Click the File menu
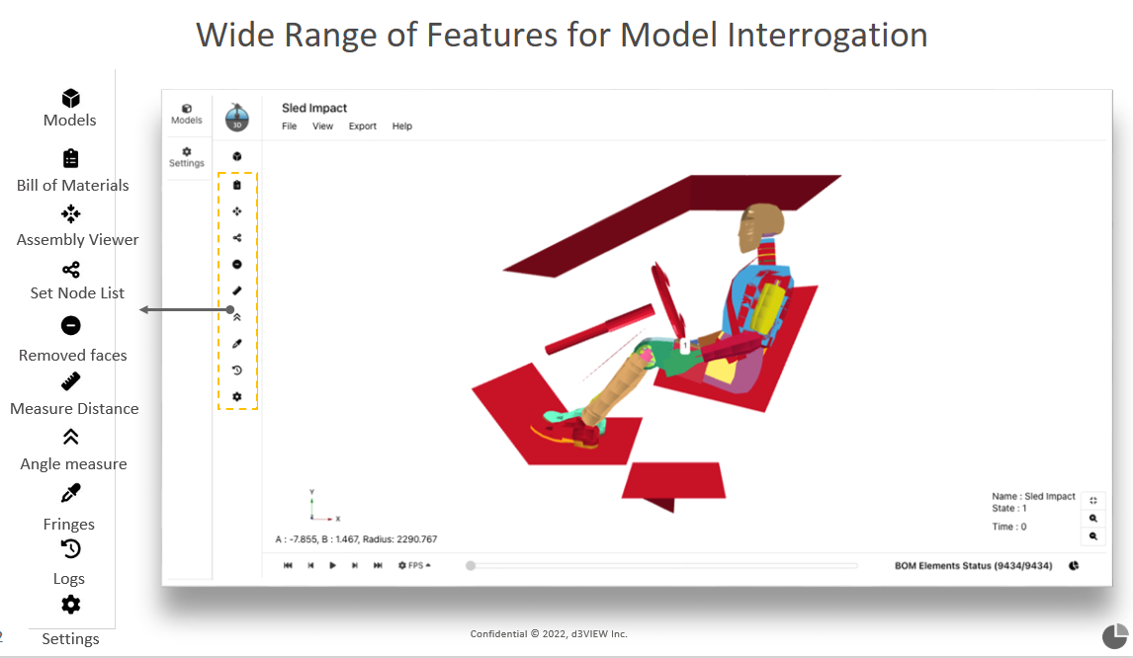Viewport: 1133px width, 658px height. click(x=289, y=126)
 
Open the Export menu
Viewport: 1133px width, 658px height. click(x=363, y=126)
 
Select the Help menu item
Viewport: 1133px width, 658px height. click(x=402, y=126)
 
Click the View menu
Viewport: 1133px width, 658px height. click(x=323, y=126)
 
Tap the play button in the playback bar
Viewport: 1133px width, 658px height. click(x=332, y=565)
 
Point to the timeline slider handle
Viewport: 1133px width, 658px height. click(x=471, y=565)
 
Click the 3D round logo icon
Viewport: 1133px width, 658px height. click(x=237, y=118)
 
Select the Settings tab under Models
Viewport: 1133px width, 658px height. click(x=187, y=157)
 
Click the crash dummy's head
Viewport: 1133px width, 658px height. click(x=760, y=225)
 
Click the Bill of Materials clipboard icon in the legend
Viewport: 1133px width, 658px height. click(x=71, y=158)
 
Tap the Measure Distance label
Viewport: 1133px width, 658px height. click(x=74, y=409)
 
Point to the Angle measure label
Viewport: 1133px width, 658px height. click(x=74, y=463)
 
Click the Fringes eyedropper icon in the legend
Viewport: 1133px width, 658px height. click(x=71, y=493)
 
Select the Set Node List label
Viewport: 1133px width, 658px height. click(x=77, y=293)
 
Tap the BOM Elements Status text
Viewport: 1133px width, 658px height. click(x=973, y=565)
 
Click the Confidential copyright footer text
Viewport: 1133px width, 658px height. click(x=549, y=634)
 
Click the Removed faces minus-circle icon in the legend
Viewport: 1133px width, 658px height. click(x=71, y=326)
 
